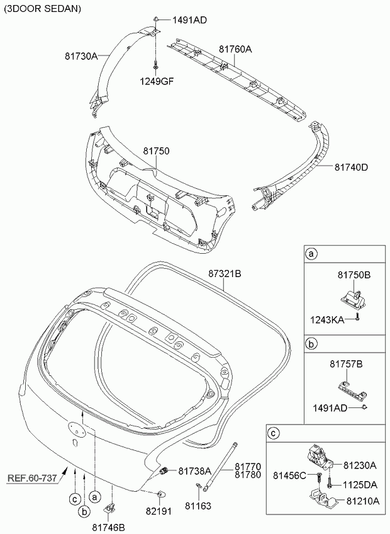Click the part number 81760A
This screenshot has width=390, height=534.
tap(235, 49)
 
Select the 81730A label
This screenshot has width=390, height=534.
tap(81, 56)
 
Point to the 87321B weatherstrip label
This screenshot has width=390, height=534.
tap(225, 273)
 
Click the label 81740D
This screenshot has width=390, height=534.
tap(351, 168)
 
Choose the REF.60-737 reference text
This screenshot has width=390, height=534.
tap(32, 478)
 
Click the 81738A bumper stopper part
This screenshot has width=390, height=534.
tap(164, 471)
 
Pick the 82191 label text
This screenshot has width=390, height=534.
tap(159, 511)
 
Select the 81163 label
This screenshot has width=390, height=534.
tap(198, 506)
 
